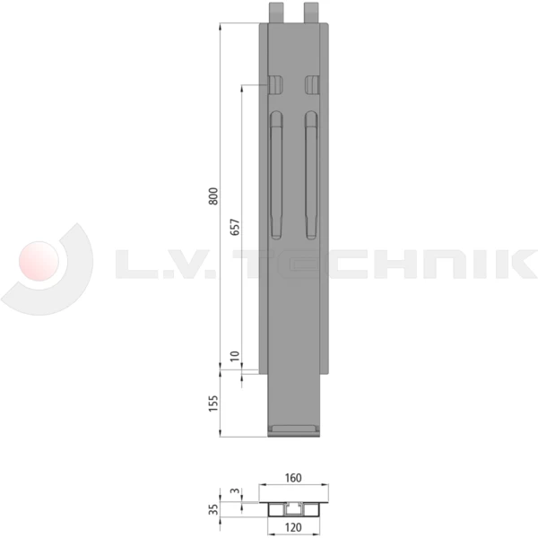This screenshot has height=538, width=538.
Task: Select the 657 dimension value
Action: (x=235, y=228)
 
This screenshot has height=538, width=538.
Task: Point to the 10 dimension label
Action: (x=235, y=357)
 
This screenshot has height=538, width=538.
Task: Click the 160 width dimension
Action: (x=293, y=477)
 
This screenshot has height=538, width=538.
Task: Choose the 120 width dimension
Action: (x=293, y=528)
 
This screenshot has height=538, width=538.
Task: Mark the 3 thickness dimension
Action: (x=235, y=491)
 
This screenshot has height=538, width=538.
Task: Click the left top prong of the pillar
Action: (x=276, y=12)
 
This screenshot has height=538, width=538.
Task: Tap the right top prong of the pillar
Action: (x=311, y=12)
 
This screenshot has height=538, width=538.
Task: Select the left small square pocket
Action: (x=275, y=84)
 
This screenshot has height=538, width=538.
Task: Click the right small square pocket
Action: (x=311, y=84)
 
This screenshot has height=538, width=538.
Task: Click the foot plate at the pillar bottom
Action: (x=294, y=430)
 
